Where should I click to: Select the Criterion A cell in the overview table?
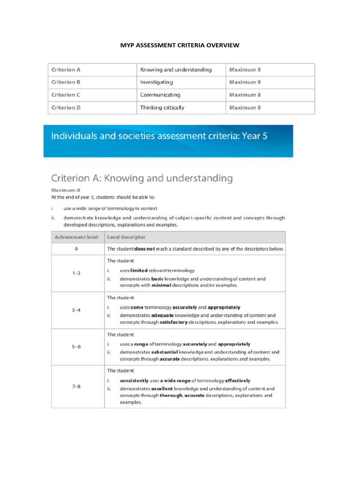[66, 70]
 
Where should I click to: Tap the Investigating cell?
[157, 82]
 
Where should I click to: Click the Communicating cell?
[160, 95]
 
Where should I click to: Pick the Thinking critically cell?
[162, 107]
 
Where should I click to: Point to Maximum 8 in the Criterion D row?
[245, 107]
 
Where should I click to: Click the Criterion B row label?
[66, 82]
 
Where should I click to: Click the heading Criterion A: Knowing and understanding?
[142, 178]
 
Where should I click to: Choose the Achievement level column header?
[76, 237]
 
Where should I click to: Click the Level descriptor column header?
[126, 237]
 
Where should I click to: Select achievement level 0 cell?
[76, 249]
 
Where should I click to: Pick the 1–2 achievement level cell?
[76, 273]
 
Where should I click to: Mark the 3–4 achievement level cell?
[76, 310]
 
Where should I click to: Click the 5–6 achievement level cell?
[76, 347]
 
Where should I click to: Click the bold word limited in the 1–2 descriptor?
[140, 270]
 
